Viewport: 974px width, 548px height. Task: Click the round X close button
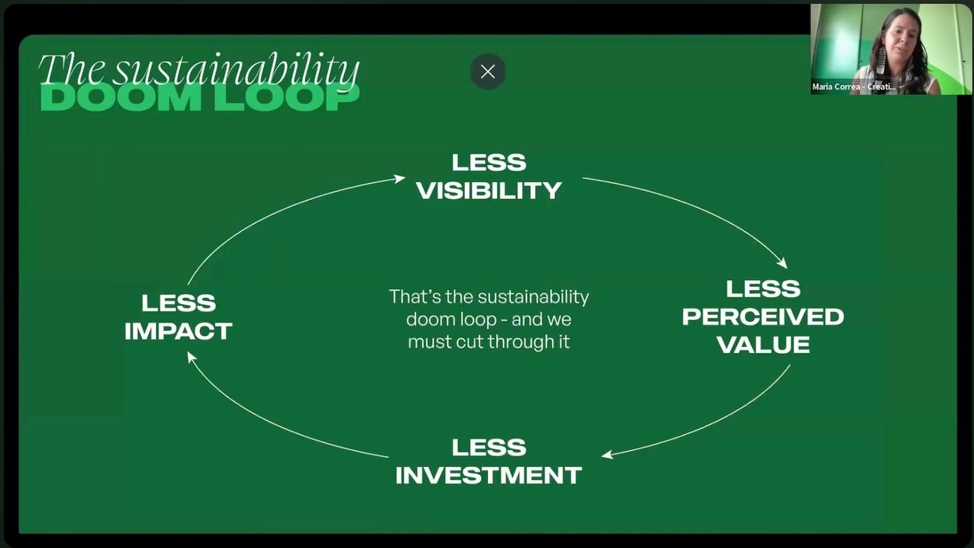click(x=488, y=71)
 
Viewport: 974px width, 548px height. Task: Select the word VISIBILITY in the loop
click(x=489, y=190)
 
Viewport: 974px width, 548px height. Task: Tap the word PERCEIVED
click(x=763, y=317)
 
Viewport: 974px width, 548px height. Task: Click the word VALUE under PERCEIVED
click(x=763, y=344)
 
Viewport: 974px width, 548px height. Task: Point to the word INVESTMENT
click(x=489, y=475)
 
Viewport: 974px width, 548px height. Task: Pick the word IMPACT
click(x=179, y=331)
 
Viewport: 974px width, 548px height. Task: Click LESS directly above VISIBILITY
click(x=489, y=163)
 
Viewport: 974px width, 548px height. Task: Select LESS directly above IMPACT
click(x=179, y=303)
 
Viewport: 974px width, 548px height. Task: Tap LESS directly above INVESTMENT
click(x=489, y=448)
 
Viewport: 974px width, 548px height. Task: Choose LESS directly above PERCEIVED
click(x=763, y=288)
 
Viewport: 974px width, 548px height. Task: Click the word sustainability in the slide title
click(x=236, y=70)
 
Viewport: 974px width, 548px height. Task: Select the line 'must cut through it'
click(x=489, y=341)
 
